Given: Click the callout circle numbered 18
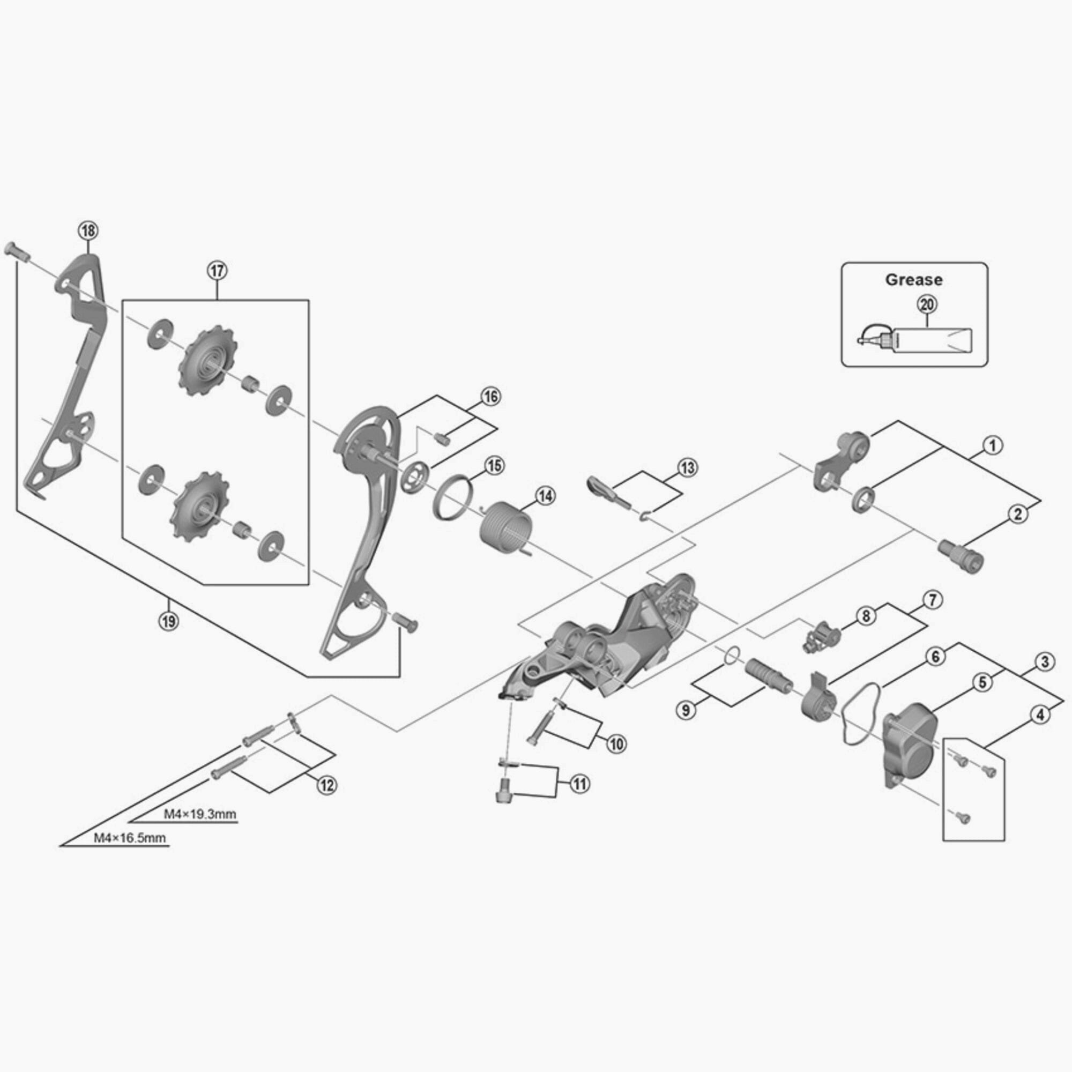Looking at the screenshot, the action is [x=88, y=230].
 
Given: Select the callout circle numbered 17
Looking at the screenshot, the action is [x=218, y=271].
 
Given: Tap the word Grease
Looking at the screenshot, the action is [x=914, y=280].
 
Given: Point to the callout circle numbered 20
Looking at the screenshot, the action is [x=927, y=304].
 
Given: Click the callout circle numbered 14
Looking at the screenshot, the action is [x=545, y=495].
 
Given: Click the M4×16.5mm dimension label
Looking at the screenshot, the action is [x=130, y=838].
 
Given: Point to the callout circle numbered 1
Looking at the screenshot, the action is [x=993, y=445].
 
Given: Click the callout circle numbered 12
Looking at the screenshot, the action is [x=327, y=785].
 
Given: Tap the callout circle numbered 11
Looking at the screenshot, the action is [x=579, y=784].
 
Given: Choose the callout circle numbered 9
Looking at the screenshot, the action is [x=687, y=710].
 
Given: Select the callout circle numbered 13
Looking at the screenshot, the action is [x=688, y=468].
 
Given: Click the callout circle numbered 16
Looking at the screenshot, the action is [x=490, y=397].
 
